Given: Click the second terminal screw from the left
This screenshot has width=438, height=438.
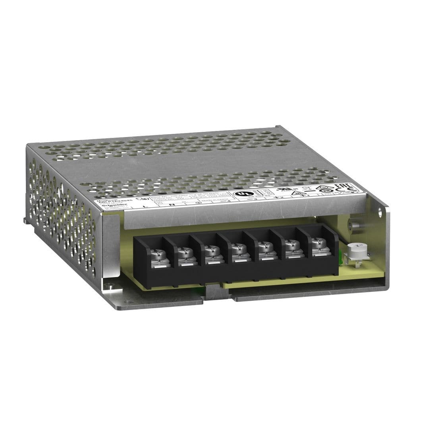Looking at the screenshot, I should [183, 251].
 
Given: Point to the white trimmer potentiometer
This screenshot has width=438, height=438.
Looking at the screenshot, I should [353, 250].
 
